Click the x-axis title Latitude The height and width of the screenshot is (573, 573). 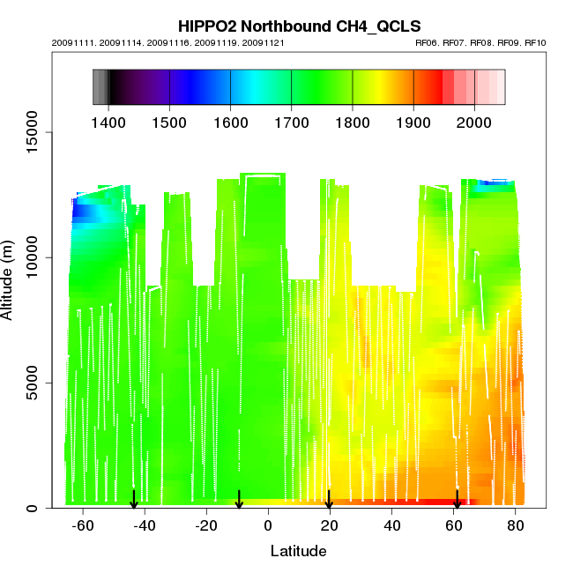tap(298, 551)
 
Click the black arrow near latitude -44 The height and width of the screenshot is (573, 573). tap(134, 500)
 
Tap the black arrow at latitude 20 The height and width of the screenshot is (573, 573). tap(329, 500)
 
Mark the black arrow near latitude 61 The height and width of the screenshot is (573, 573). tap(457, 500)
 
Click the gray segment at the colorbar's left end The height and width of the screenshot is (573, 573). tap(100, 87)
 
